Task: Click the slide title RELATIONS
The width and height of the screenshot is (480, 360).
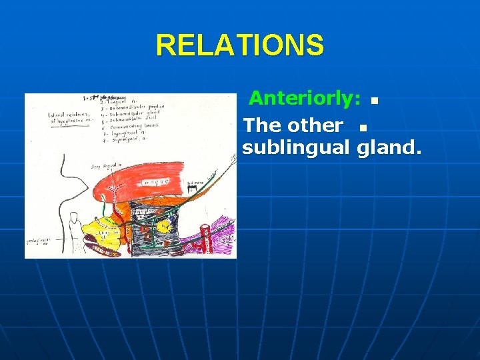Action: tap(240, 45)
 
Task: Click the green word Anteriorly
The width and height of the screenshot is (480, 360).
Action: tap(303, 99)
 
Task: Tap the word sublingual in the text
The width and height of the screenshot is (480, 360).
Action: tap(297, 147)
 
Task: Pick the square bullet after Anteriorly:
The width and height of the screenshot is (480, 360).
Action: tap(374, 102)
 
